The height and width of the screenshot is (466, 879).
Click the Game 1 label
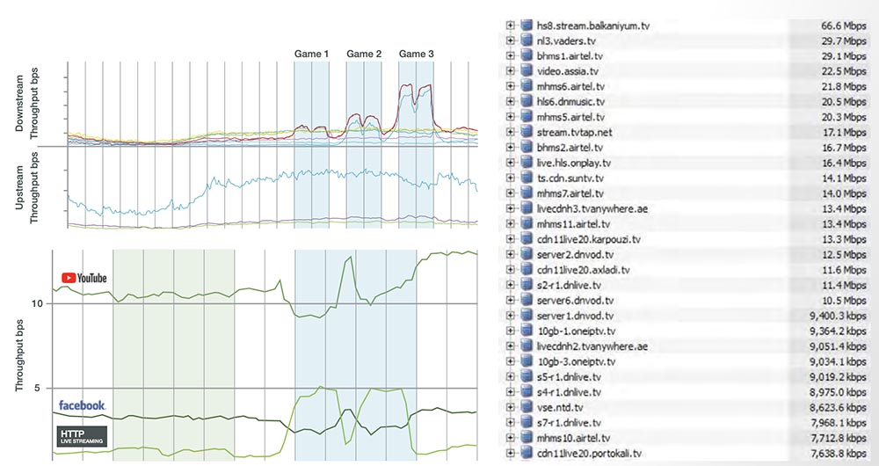click(311, 55)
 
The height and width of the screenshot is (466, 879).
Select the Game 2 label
click(364, 55)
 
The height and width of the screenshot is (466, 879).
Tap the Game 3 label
click(416, 55)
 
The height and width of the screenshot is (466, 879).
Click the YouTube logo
click(84, 278)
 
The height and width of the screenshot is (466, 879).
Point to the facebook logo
click(82, 405)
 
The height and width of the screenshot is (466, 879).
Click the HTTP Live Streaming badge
click(82, 436)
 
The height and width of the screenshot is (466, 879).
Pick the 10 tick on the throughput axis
click(36, 303)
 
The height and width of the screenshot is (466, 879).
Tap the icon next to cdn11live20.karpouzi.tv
click(527, 239)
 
